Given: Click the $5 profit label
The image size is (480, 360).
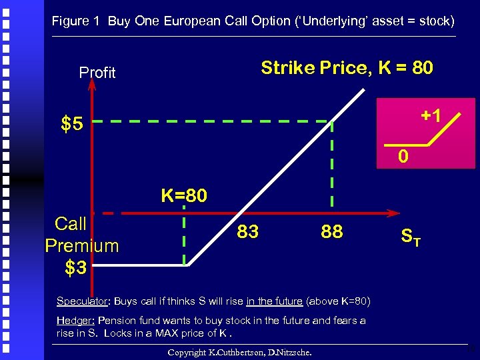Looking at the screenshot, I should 72,124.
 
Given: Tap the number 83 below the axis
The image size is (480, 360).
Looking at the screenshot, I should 248,231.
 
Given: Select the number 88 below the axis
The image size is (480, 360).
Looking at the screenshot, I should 331,231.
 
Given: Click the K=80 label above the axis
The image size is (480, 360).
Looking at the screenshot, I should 184,195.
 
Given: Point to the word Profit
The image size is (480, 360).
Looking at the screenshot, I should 97,73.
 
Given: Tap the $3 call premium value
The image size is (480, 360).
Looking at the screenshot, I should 75,268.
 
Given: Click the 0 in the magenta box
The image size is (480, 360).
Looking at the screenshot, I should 403,158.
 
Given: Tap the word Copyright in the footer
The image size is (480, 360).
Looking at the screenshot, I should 190,352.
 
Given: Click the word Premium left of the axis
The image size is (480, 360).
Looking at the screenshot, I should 82,246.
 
